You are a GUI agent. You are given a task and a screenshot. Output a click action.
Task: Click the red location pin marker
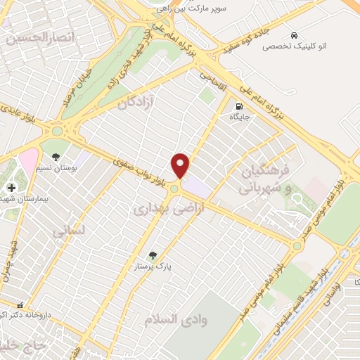click(181, 165)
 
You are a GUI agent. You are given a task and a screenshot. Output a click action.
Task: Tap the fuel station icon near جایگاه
click(239, 107)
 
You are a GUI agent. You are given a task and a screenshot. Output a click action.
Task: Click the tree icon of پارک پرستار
click(153, 256)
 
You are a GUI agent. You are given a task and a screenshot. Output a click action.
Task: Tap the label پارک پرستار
click(154, 267)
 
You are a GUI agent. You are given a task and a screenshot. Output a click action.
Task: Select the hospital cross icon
click(12, 188)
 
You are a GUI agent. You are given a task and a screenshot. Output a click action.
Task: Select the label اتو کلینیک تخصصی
click(294, 47)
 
